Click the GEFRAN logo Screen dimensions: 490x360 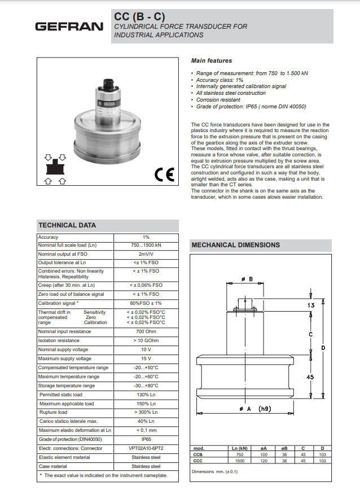(69, 26)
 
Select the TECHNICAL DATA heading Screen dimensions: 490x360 (67, 225)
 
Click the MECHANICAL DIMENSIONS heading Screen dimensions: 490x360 (236, 245)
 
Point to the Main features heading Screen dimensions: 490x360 (212, 60)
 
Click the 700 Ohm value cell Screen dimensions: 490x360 (146, 331)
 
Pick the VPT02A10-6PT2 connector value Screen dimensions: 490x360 (146, 448)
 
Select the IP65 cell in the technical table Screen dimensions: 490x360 (146, 439)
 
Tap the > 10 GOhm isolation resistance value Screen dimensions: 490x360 (146, 340)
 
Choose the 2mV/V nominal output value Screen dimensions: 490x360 (146, 254)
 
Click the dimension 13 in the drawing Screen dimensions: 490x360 (311, 305)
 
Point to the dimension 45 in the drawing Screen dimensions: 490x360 (311, 378)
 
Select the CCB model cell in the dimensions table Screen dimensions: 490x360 (198, 454)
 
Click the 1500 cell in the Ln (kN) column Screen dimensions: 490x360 (240, 461)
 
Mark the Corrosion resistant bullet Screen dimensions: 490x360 (215, 100)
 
